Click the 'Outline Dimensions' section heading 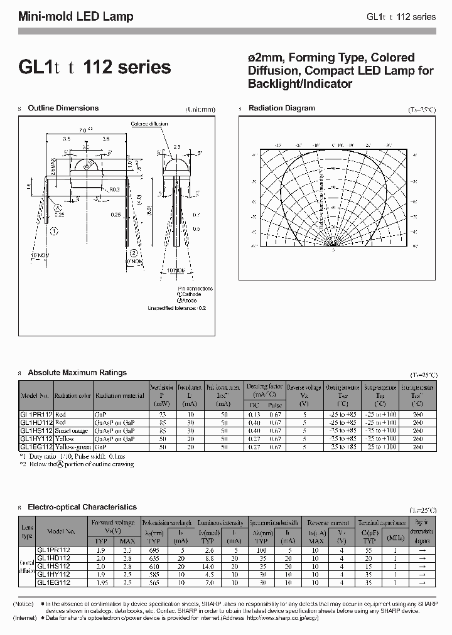[63, 108]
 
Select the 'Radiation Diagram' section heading [281, 108]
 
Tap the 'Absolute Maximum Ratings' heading [77, 373]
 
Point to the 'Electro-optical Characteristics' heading [82, 506]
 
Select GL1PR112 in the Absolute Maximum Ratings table [35, 415]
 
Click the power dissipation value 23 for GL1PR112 [163, 415]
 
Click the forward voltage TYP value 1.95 [100, 582]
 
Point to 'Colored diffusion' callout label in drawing [149, 124]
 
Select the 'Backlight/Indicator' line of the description [300, 83]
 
